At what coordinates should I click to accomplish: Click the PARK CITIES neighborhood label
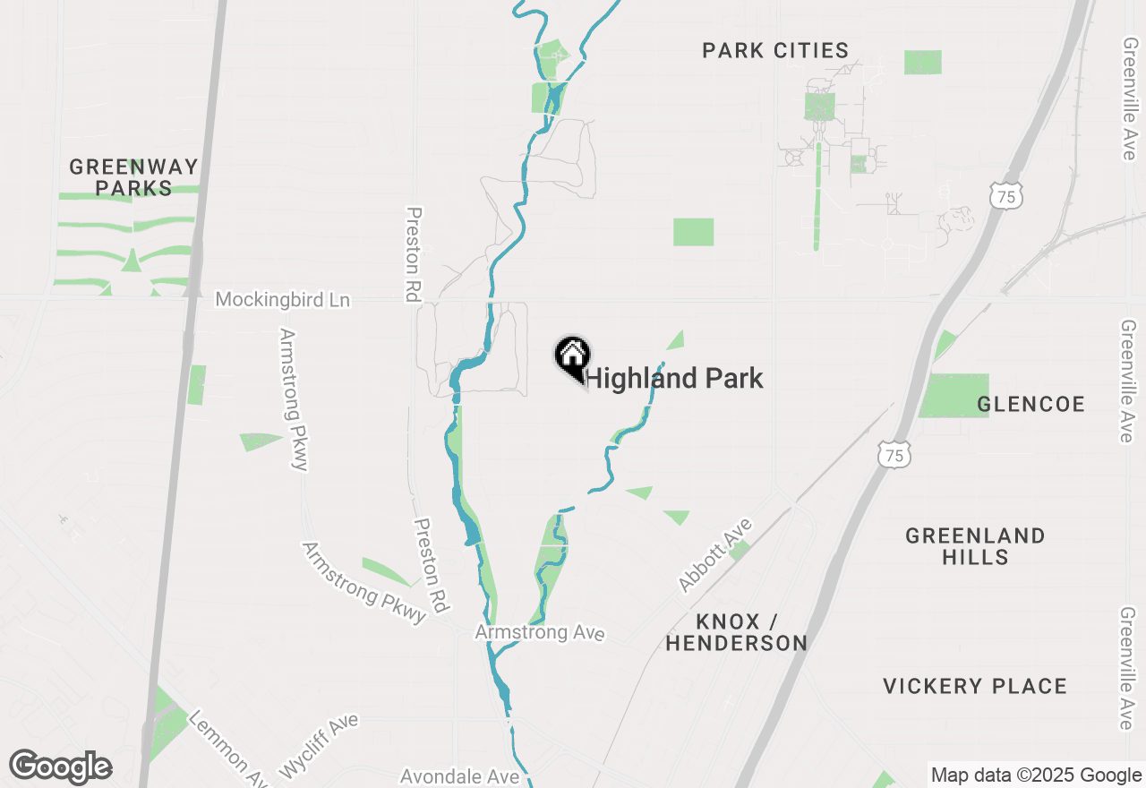click(775, 50)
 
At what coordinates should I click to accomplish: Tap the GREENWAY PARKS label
click(133, 176)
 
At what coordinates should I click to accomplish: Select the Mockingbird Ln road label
click(283, 300)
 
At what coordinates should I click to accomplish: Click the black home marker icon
click(572, 356)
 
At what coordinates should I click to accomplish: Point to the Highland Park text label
click(674, 378)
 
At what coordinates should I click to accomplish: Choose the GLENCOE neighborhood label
click(1031, 404)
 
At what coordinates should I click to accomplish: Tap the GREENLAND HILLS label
click(975, 546)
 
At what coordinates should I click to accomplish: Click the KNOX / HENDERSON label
click(736, 632)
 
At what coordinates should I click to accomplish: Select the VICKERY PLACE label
click(975, 687)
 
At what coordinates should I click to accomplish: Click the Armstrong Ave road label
click(540, 633)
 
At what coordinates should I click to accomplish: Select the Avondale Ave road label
click(459, 776)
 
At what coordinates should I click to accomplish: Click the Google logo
click(60, 767)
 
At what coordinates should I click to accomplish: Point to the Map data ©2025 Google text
click(1036, 775)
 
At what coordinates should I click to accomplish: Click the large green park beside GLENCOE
click(954, 396)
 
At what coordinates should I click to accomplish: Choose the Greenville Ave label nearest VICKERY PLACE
click(1127, 668)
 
